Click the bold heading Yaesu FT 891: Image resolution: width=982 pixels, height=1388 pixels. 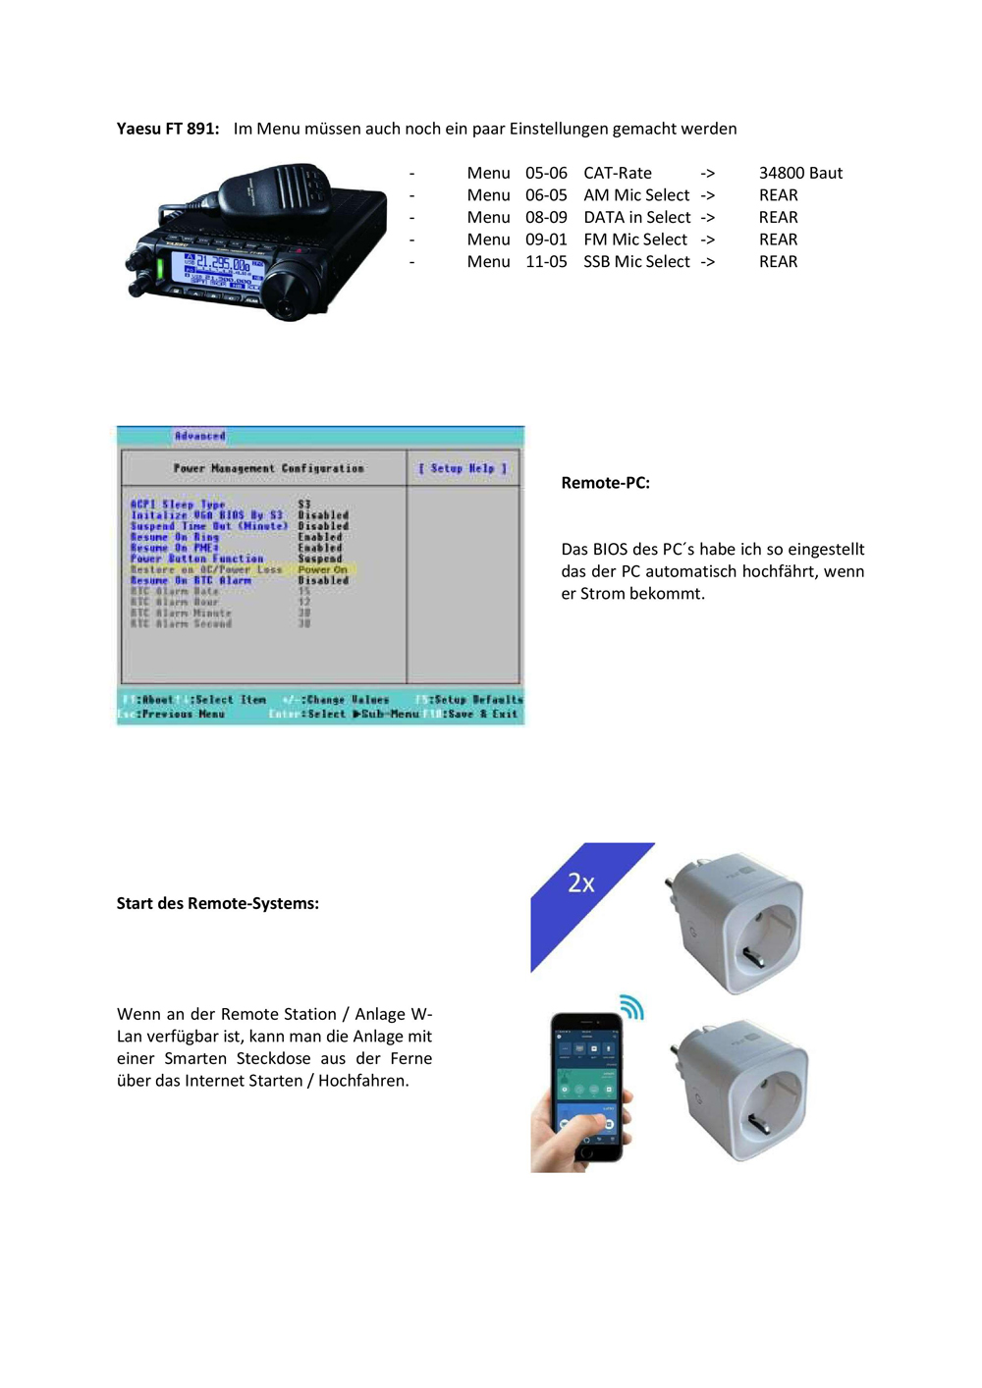point(167,129)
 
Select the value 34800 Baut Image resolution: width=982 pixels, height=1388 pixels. point(800,173)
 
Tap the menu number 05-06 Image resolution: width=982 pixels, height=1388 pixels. point(546,173)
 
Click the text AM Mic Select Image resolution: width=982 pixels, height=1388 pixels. point(636,195)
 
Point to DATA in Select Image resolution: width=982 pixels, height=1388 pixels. point(636,217)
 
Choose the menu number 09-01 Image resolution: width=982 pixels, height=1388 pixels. point(546,240)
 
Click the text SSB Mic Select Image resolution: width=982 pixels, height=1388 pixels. point(636,262)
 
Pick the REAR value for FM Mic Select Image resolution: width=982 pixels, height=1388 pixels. point(778,240)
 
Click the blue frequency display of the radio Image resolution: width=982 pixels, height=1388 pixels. point(217,269)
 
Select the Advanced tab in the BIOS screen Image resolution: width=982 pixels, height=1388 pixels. point(200,436)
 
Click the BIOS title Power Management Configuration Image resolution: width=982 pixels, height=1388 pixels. point(268,469)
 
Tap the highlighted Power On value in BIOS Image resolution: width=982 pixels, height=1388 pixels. point(322,569)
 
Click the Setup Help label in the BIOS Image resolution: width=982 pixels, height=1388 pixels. point(463,469)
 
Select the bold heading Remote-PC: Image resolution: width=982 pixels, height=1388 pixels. point(605,483)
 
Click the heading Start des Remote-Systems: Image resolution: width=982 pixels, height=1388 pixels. point(217,903)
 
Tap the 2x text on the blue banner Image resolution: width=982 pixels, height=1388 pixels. point(581,883)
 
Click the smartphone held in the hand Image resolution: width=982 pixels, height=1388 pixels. point(586,1085)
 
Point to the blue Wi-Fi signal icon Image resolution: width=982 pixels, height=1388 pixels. point(631,1007)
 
